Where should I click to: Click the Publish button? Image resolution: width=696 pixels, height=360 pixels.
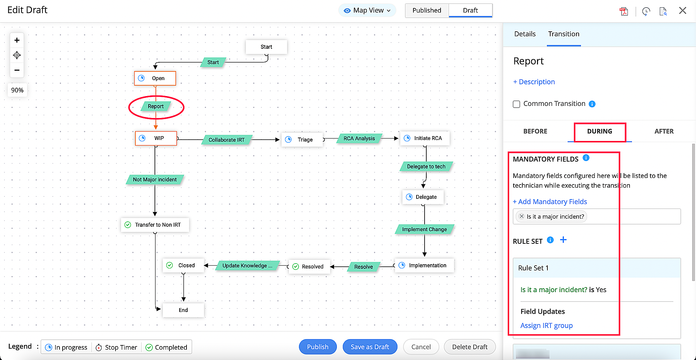[317, 347]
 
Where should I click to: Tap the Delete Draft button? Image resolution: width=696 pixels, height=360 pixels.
[469, 347]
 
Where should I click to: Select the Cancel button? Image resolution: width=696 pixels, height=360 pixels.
[421, 347]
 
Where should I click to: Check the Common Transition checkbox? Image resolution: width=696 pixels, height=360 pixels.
[516, 104]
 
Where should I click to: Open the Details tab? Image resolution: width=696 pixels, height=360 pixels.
[525, 34]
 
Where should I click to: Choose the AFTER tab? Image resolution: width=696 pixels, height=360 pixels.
[664, 131]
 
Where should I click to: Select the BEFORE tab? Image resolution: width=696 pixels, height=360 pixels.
[535, 131]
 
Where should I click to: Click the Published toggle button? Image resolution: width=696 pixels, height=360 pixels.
[427, 10]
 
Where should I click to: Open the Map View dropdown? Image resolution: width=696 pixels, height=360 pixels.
[367, 10]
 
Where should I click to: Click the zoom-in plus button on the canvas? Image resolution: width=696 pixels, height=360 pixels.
[17, 40]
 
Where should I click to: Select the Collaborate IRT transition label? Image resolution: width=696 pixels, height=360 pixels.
[227, 140]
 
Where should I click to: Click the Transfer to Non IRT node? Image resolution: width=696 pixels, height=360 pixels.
[155, 225]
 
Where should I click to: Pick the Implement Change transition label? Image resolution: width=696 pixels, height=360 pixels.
[424, 229]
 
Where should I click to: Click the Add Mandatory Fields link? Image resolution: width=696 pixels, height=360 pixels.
[550, 202]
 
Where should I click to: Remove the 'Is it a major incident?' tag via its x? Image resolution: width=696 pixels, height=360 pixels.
[521, 216]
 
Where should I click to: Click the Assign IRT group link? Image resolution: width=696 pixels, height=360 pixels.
[546, 326]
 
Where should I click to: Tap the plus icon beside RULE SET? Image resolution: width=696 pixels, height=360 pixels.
[563, 240]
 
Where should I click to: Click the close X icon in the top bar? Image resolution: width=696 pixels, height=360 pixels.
[682, 11]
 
